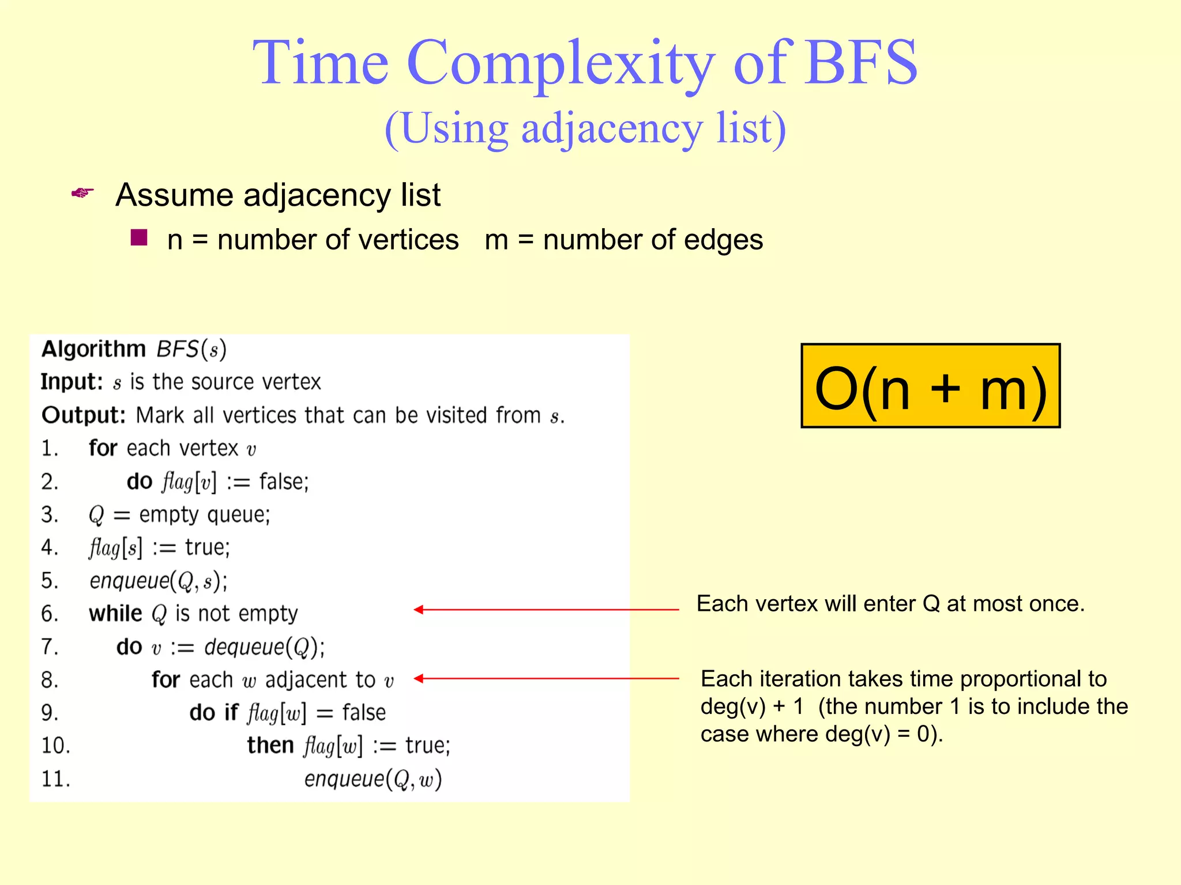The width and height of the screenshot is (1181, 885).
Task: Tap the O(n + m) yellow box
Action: (x=930, y=386)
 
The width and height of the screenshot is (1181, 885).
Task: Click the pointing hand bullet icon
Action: (x=82, y=193)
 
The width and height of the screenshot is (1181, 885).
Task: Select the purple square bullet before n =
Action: (x=139, y=237)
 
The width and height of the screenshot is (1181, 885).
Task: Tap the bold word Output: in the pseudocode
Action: (x=83, y=415)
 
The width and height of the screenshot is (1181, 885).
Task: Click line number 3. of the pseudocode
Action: (x=50, y=515)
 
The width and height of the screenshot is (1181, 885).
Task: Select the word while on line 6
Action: (x=115, y=614)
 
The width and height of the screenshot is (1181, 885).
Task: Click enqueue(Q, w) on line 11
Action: (x=373, y=780)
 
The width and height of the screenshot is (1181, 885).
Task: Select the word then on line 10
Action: (x=270, y=746)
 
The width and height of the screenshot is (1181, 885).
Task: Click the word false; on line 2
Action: (x=284, y=482)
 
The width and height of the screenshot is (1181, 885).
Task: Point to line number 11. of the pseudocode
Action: (x=55, y=780)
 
